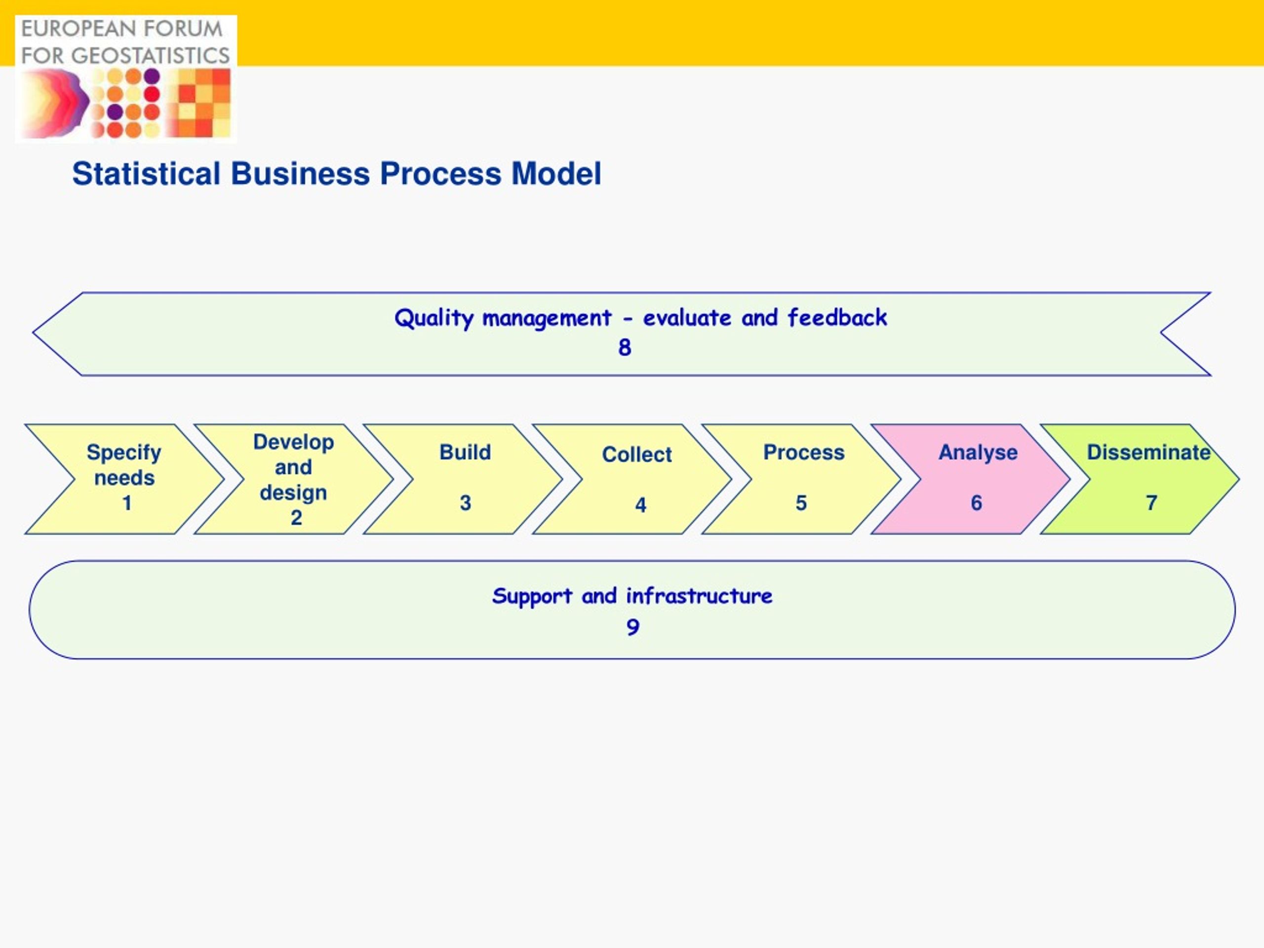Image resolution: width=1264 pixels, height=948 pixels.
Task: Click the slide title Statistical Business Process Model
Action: tap(337, 174)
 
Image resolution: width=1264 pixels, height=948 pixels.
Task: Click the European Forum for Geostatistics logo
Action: tap(126, 79)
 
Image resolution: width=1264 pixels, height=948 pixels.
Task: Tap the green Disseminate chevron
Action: tap(1140, 479)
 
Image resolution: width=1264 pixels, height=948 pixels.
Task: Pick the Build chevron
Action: tap(463, 479)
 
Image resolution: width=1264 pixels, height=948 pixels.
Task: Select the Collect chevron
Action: tap(632, 479)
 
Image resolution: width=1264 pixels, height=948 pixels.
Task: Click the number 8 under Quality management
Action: tap(625, 348)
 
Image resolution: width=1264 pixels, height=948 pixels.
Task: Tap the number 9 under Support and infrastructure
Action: tap(632, 628)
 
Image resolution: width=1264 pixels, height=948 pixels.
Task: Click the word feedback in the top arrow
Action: tap(837, 317)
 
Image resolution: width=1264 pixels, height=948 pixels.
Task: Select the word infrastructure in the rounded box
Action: tap(700, 595)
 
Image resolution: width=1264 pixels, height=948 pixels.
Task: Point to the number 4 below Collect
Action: tap(640, 505)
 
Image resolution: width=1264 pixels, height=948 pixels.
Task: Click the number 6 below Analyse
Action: tap(977, 503)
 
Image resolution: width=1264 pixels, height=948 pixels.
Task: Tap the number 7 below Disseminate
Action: tap(1151, 503)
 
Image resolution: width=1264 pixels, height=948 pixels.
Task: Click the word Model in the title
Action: tap(556, 174)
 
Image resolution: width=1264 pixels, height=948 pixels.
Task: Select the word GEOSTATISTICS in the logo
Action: tap(150, 55)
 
